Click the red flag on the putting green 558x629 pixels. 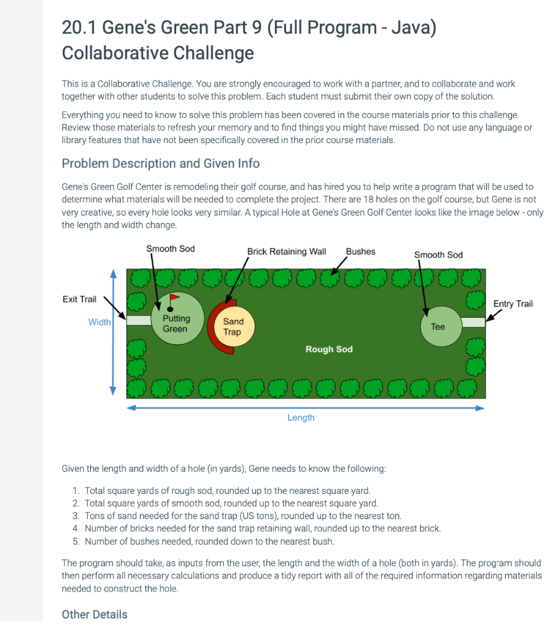tap(174, 297)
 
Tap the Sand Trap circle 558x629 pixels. tap(233, 326)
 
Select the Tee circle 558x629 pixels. tap(438, 326)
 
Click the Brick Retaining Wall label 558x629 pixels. tap(286, 251)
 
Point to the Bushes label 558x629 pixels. tap(360, 251)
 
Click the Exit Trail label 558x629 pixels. tap(79, 299)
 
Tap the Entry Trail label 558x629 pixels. tap(513, 303)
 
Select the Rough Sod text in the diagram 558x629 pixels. tap(329, 349)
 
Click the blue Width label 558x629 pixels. tap(99, 322)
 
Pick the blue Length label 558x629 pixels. tap(301, 418)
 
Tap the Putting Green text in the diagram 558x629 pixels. tap(176, 324)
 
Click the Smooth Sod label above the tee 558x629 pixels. tap(438, 254)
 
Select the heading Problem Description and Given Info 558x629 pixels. tap(161, 163)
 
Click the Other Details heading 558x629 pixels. tap(95, 614)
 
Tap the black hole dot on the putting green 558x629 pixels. tap(170, 309)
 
